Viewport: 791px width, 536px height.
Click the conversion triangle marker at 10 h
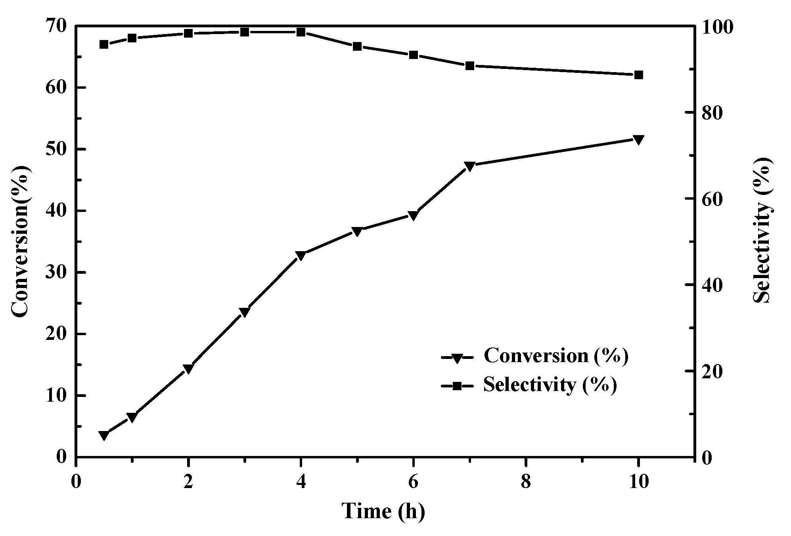pos(638,139)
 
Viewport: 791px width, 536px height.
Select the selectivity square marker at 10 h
pos(638,75)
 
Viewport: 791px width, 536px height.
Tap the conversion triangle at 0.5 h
pos(104,435)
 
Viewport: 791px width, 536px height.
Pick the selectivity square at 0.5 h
pos(104,44)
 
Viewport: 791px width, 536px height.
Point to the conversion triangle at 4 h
pos(301,256)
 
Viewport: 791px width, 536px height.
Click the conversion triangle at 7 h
pos(470,166)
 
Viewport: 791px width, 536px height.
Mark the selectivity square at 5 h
pos(357,46)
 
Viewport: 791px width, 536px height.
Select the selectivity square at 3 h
pos(245,32)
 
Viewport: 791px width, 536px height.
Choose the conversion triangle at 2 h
pos(188,369)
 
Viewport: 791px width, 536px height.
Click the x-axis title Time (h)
pos(383,511)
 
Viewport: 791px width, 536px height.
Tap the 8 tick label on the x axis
pos(526,483)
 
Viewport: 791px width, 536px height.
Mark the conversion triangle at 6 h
pos(414,216)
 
